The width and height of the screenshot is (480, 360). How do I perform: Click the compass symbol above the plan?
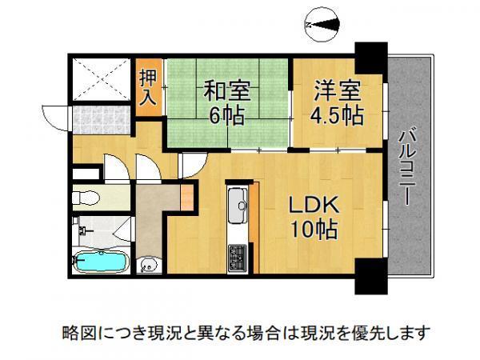click(x=322, y=25)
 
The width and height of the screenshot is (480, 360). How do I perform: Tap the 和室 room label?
click(x=227, y=90)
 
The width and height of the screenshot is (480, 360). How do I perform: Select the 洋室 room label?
click(x=338, y=90)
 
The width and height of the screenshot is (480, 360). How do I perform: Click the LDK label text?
click(x=314, y=205)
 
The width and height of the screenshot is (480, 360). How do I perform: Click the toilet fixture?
click(x=86, y=198)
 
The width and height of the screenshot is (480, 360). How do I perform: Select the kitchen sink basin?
click(x=238, y=206)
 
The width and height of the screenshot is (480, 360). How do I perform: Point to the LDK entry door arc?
click(x=194, y=166)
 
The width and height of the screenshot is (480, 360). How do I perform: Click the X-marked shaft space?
click(x=102, y=79)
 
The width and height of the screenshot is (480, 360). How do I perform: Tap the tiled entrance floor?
click(x=102, y=120)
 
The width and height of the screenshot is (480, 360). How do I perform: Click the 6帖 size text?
click(x=227, y=116)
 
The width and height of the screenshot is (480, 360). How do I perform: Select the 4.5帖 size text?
click(x=338, y=116)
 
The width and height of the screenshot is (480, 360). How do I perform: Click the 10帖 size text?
click(x=314, y=229)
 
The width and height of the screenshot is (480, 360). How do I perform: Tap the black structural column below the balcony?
click(x=371, y=277)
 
